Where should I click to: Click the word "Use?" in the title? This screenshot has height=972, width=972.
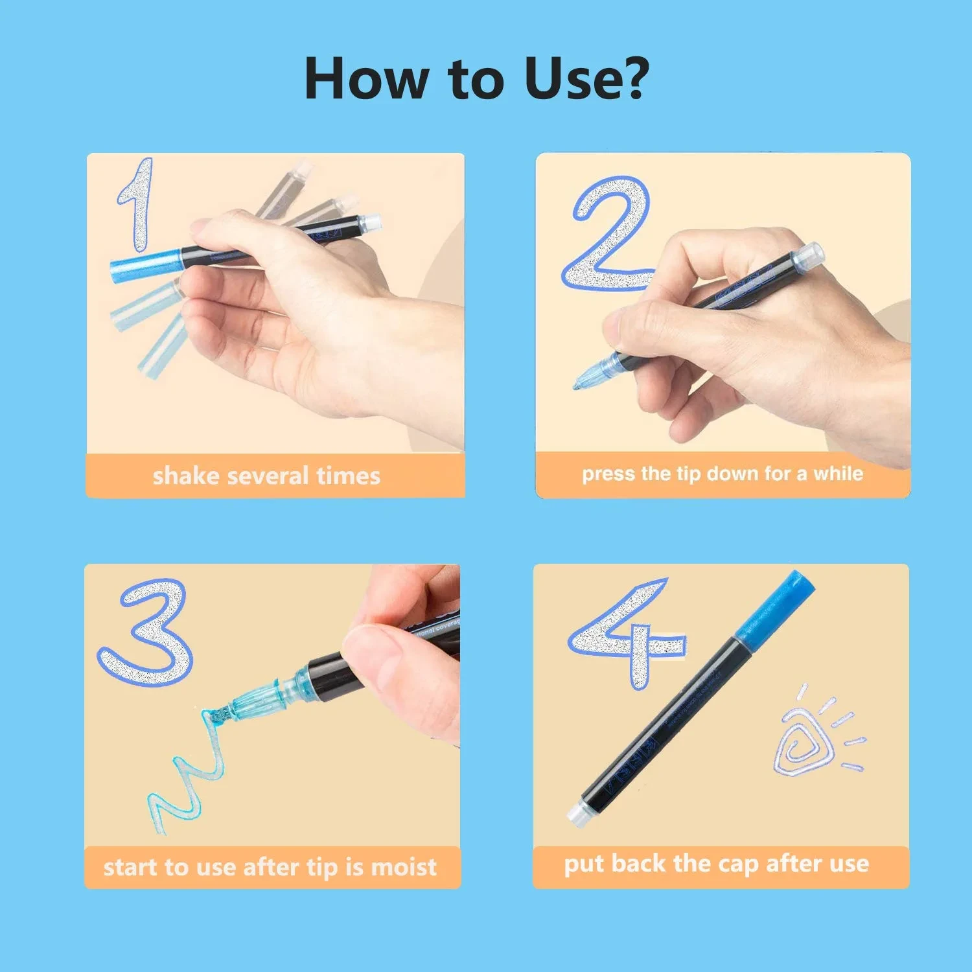coord(586,79)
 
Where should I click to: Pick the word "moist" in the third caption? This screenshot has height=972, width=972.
coord(404,867)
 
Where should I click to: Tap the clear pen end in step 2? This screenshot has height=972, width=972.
coord(810,254)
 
